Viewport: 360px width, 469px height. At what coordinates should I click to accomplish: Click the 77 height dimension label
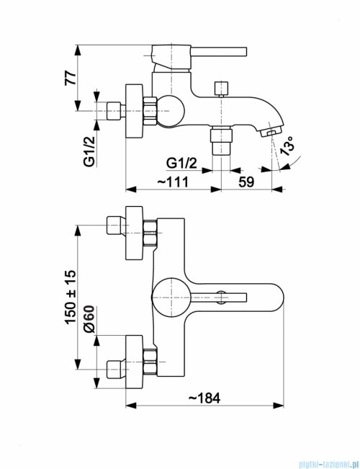click(x=71, y=78)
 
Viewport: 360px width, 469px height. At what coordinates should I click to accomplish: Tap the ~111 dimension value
click(x=173, y=182)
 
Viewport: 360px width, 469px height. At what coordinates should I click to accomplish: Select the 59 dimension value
click(x=246, y=182)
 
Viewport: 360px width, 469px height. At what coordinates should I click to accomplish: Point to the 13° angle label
click(x=288, y=146)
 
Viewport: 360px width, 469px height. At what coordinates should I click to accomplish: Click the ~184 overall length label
click(x=204, y=398)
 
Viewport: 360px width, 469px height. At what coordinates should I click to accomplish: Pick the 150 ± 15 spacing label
click(x=71, y=297)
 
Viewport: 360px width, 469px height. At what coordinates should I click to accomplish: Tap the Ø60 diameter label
click(x=89, y=319)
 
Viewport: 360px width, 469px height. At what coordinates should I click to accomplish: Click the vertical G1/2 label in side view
click(x=89, y=151)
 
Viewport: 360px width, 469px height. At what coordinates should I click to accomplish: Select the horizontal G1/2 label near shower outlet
click(x=181, y=164)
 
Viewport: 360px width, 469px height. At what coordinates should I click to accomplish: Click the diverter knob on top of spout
click(x=221, y=89)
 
